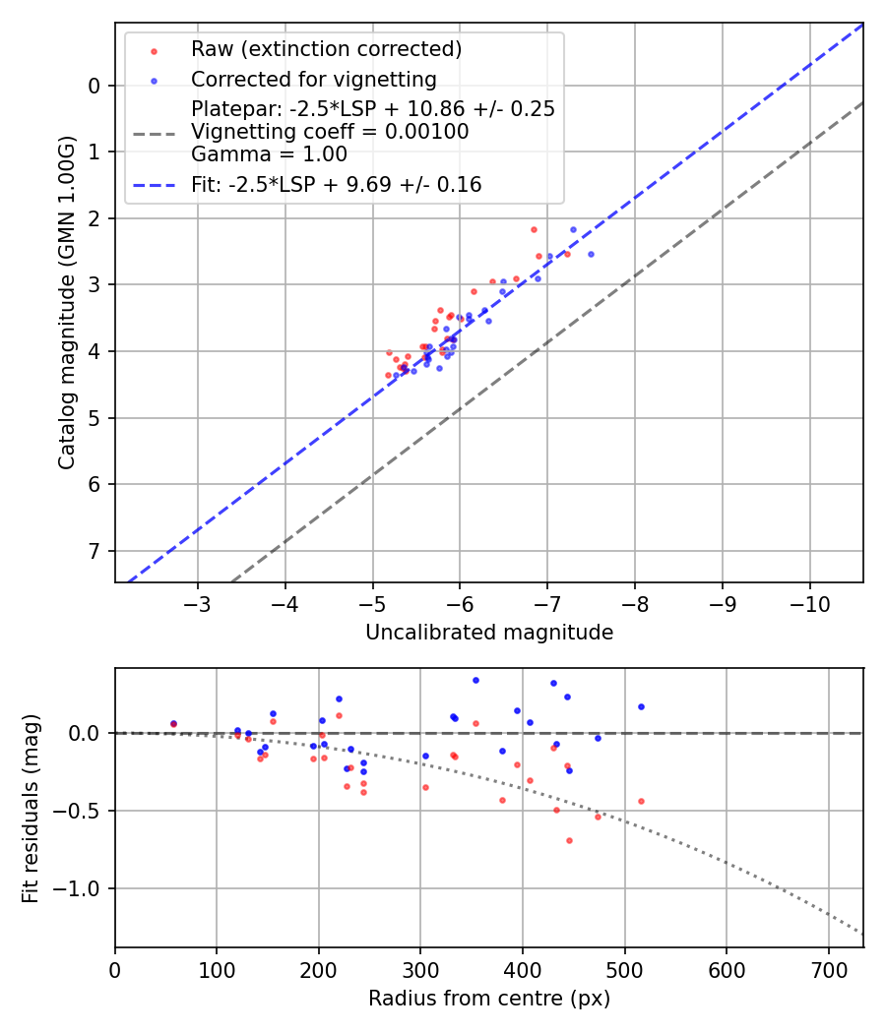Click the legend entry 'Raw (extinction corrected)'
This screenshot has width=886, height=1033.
pos(326,49)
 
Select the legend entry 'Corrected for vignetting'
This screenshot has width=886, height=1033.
pos(313,80)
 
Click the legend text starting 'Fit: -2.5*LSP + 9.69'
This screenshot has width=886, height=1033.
pos(336,184)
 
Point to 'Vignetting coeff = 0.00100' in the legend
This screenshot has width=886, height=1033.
pos(330,132)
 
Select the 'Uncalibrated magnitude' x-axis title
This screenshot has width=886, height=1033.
pos(489,633)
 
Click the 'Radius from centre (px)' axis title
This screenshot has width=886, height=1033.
pos(489,999)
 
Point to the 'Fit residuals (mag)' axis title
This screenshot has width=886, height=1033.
pos(31,808)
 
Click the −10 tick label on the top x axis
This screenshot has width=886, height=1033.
pos(810,602)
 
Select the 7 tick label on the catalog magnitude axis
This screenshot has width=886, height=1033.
pos(95,551)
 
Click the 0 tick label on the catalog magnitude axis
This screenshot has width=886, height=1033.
pos(95,86)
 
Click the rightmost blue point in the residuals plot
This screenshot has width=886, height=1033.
pos(641,706)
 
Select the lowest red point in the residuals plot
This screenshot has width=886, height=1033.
pos(569,840)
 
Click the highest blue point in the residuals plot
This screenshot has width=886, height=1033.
pos(475,680)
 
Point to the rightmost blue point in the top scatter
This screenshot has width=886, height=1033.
pos(591,254)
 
